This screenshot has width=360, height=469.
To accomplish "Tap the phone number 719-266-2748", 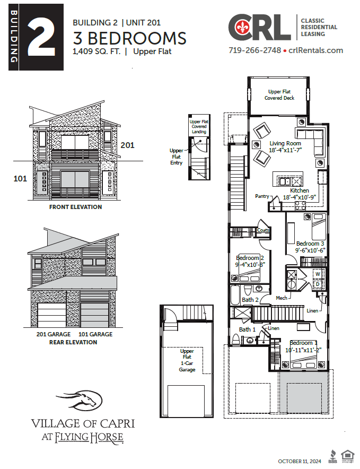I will pyautogui.click(x=254, y=50).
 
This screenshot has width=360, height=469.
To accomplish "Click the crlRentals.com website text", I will pyautogui.click(x=316, y=50).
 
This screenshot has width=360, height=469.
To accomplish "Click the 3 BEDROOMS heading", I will pyautogui.click(x=129, y=38).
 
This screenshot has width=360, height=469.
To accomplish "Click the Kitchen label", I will pyautogui.click(x=299, y=190).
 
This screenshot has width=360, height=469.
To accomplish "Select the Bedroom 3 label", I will pyautogui.click(x=310, y=244).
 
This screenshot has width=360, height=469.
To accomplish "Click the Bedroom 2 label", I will pyautogui.click(x=250, y=258).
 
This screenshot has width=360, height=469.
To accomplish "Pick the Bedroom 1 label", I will pyautogui.click(x=304, y=343).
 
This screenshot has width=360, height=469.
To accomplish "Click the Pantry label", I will pyautogui.click(x=262, y=196).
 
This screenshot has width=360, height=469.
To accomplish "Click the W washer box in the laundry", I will pyautogui.click(x=318, y=274).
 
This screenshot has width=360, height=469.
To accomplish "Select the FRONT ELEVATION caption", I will pyautogui.click(x=75, y=207).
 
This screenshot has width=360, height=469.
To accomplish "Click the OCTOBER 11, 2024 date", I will pyautogui.click(x=300, y=461).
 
